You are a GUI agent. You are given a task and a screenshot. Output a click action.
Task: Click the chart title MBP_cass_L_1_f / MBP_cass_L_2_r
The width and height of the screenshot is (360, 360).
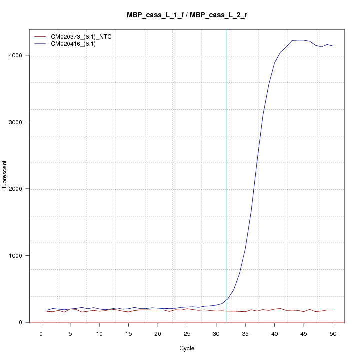coord(187,15)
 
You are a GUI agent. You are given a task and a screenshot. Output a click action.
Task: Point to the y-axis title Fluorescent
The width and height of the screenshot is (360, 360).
coord(5,176)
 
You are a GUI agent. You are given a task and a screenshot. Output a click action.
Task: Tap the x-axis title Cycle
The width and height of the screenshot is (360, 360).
coord(187,348)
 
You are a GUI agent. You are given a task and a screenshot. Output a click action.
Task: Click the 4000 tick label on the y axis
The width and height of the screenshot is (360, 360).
coord(20,55)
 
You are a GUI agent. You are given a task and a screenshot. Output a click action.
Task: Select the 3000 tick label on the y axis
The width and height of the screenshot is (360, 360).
coord(20,122)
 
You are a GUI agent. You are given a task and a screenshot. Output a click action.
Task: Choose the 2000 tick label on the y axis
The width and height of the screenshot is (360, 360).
coord(20,189)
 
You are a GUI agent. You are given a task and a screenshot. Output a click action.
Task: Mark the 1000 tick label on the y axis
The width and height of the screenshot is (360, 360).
coord(20,256)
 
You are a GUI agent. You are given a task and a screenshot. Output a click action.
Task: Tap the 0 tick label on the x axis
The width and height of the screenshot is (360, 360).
coord(41,333)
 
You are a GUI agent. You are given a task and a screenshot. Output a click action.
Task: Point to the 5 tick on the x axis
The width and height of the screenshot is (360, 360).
coord(70,333)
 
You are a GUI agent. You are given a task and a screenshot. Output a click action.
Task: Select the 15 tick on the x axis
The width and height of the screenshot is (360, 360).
coord(129,333)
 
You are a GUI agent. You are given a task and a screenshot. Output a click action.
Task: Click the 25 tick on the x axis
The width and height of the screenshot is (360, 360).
coord(187,333)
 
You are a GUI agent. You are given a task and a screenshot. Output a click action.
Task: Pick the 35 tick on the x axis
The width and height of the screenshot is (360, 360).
coord(245,333)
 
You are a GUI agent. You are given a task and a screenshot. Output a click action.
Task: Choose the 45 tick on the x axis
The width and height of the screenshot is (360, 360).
coord(304,333)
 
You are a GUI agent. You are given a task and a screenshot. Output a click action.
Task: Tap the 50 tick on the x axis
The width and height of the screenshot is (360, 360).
coord(333,333)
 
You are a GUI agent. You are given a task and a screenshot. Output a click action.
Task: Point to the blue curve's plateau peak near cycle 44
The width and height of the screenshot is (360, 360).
coord(298,40)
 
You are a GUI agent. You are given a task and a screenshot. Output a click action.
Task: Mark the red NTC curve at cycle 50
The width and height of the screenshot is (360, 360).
coord(333,310)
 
